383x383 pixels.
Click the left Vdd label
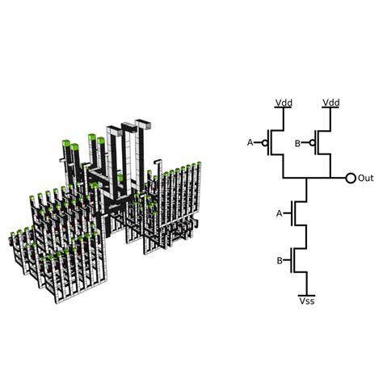point(284,103)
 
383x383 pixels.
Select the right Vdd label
point(331,103)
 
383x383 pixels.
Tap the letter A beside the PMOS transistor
point(250,142)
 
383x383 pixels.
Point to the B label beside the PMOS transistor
point(297,144)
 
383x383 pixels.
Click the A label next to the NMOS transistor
point(280,213)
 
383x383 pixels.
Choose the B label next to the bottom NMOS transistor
point(280,261)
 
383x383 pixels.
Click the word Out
point(366,178)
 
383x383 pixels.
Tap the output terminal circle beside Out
point(351,178)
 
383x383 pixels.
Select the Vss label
point(307,301)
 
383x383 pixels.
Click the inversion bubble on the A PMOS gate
point(265,142)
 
